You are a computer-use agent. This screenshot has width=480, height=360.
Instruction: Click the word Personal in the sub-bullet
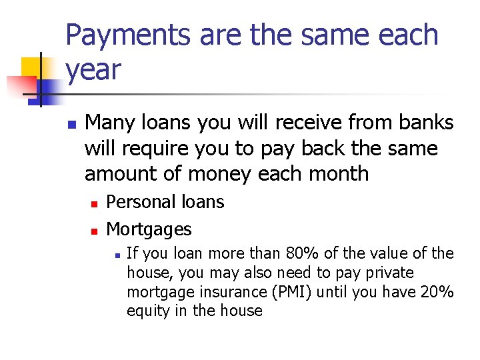pos(139,202)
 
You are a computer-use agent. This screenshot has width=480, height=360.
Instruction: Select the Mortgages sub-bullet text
pos(149,230)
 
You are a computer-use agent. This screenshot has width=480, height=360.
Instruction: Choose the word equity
pos(147,311)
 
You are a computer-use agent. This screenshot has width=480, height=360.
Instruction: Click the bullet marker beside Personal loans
pos(95,203)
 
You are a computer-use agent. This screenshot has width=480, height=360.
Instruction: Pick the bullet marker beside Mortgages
pos(95,231)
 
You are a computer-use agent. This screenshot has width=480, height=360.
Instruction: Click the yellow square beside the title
pos(35,67)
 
